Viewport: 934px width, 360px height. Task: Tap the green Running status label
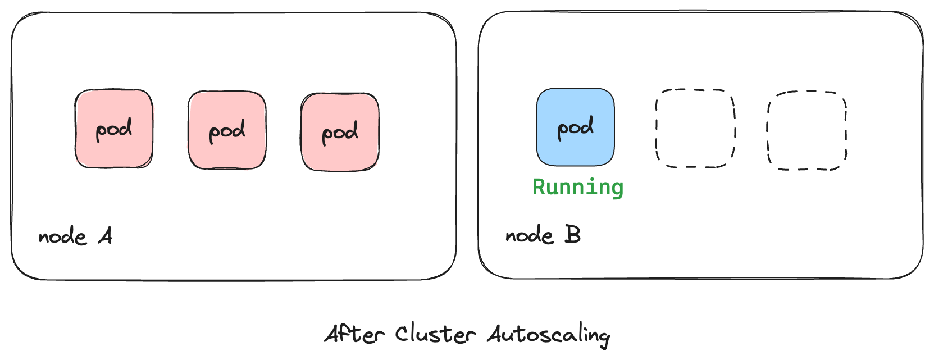(578, 187)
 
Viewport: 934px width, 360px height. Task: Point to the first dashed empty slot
(695, 128)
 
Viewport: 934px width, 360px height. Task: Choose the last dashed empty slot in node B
(807, 130)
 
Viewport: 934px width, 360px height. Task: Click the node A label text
(75, 236)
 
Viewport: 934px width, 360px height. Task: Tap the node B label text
(543, 235)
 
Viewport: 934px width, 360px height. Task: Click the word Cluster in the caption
(435, 334)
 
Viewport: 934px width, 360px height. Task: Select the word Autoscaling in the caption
(548, 335)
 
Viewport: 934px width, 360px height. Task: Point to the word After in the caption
(355, 334)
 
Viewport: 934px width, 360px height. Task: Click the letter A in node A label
(106, 236)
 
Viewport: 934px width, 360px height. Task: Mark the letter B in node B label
(572, 234)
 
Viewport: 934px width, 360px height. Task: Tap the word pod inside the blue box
(575, 128)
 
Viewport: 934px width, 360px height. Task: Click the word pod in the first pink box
(114, 130)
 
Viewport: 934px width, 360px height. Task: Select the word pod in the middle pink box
(227, 131)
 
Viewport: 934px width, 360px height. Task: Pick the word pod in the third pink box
(340, 133)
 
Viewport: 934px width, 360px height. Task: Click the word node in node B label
(529, 235)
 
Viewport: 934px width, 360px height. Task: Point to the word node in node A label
(62, 237)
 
